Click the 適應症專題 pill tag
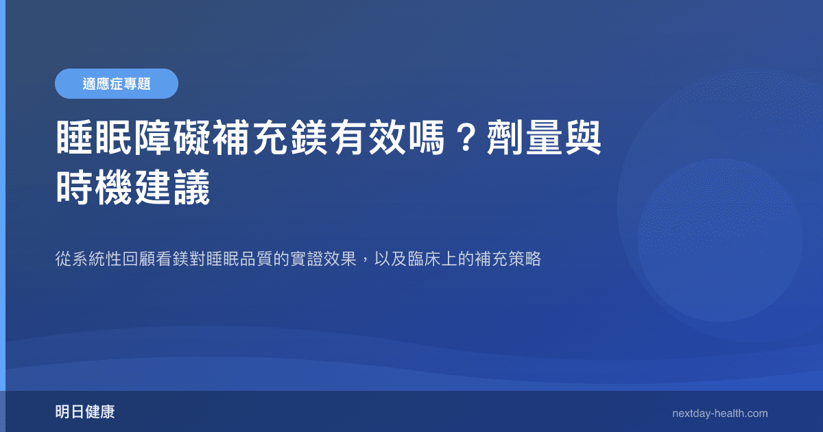(x=117, y=84)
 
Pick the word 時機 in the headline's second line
(x=95, y=187)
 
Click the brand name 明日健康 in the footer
(x=85, y=413)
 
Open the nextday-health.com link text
(x=720, y=413)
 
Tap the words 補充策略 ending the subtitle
(x=508, y=260)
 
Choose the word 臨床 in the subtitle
(x=424, y=260)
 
